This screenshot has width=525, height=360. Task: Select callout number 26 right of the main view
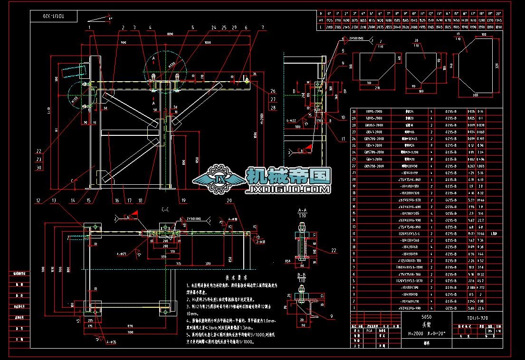273,91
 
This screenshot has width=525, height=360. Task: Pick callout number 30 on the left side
38,167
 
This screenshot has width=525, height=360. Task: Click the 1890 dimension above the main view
170,35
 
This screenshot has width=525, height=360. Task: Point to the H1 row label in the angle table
321,21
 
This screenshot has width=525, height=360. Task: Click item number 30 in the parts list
353,112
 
